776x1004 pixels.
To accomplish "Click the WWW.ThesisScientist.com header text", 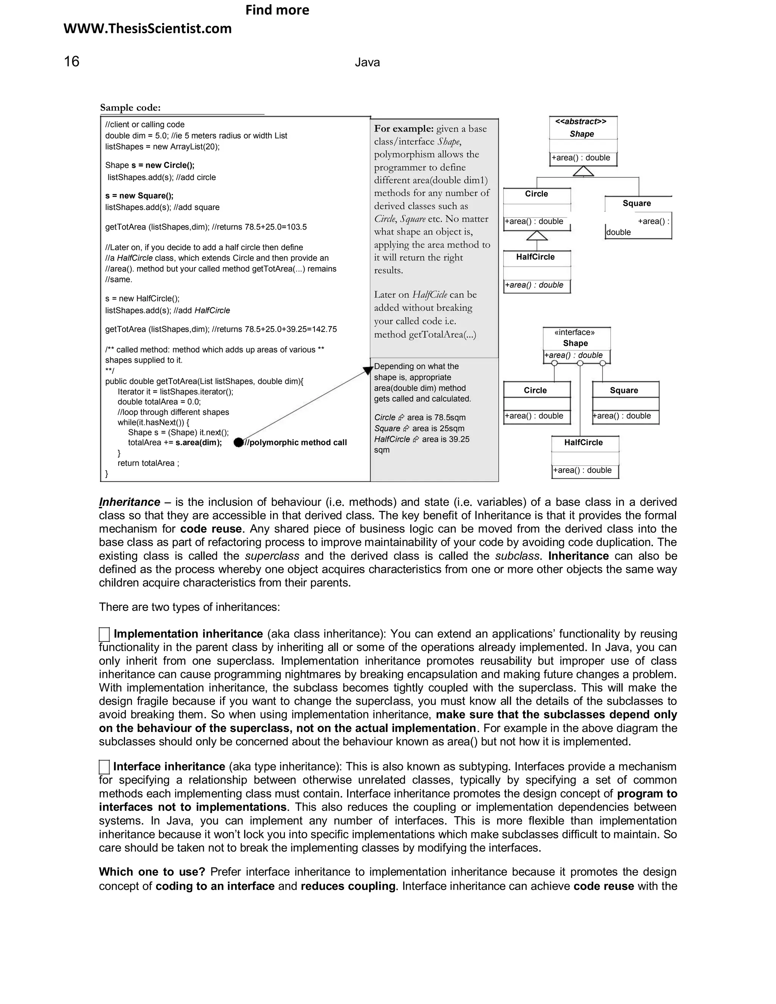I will (x=147, y=28).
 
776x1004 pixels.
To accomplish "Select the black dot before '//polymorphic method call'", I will (x=238, y=442).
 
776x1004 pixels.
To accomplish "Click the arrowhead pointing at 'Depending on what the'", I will (x=368, y=370).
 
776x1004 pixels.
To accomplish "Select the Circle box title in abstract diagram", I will (x=536, y=194).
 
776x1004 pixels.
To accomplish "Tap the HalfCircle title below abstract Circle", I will (x=535, y=256).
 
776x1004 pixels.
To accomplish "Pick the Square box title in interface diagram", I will (x=623, y=390).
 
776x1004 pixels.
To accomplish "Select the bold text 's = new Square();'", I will (x=139, y=195).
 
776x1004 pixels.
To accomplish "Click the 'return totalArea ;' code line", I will (x=148, y=463).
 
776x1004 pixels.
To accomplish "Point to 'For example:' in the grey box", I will (x=404, y=129).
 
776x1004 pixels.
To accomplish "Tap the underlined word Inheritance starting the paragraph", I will (x=130, y=502).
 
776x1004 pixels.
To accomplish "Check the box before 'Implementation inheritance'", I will (x=104, y=634).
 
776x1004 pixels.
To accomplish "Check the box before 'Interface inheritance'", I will (x=104, y=767).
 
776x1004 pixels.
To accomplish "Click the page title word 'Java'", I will (x=367, y=63).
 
